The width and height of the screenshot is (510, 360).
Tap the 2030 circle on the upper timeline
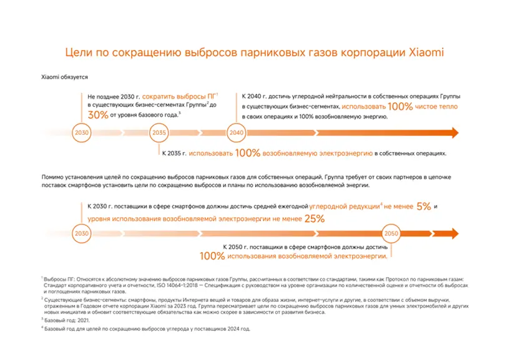(82, 133)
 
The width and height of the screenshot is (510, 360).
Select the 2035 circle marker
(159, 133)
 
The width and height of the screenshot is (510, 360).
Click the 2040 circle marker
(237, 133)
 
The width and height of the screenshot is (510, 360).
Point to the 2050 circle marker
(391, 233)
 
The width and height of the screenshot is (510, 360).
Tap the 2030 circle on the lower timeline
(82, 233)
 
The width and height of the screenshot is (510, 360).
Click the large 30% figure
(97, 115)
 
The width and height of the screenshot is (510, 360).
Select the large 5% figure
(423, 207)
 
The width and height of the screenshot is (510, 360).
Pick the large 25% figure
(315, 219)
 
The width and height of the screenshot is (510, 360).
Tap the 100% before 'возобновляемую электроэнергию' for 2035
(248, 153)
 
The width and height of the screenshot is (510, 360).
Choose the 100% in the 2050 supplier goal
(212, 256)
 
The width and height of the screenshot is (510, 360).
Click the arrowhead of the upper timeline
(454, 133)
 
